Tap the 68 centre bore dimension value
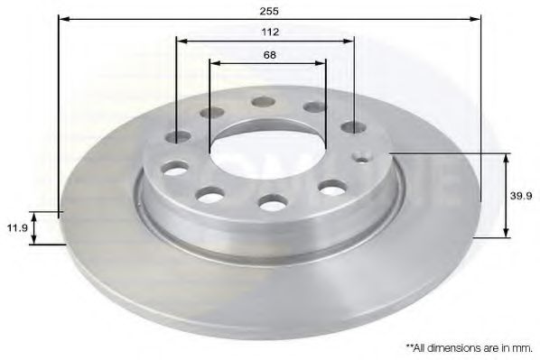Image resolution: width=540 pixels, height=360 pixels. pyautogui.click(x=269, y=54)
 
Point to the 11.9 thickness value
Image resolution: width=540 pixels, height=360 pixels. pyautogui.click(x=14, y=228)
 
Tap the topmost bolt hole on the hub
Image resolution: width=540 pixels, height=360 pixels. pyautogui.click(x=265, y=101)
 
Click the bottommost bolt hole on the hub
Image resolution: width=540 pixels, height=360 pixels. pyautogui.click(x=273, y=203)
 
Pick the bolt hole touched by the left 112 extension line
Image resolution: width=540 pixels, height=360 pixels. pyautogui.click(x=178, y=136)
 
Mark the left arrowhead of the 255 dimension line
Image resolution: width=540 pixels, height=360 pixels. pyautogui.click(x=62, y=17)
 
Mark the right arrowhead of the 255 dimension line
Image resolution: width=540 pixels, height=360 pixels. pyautogui.click(x=476, y=17)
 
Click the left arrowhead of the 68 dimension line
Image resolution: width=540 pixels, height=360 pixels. pyautogui.click(x=213, y=64)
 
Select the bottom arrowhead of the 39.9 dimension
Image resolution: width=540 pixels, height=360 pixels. pyautogui.click(x=506, y=234)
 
